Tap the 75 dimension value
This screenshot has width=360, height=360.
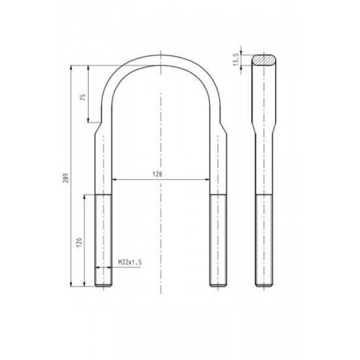point(83,96)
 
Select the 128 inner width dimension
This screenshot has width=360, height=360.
point(157,174)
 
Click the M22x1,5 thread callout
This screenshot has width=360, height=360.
point(130,262)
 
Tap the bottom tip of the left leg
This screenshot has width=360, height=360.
point(104,286)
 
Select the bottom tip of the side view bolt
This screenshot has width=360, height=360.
point(264,286)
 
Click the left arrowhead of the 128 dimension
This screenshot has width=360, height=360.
point(114,179)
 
